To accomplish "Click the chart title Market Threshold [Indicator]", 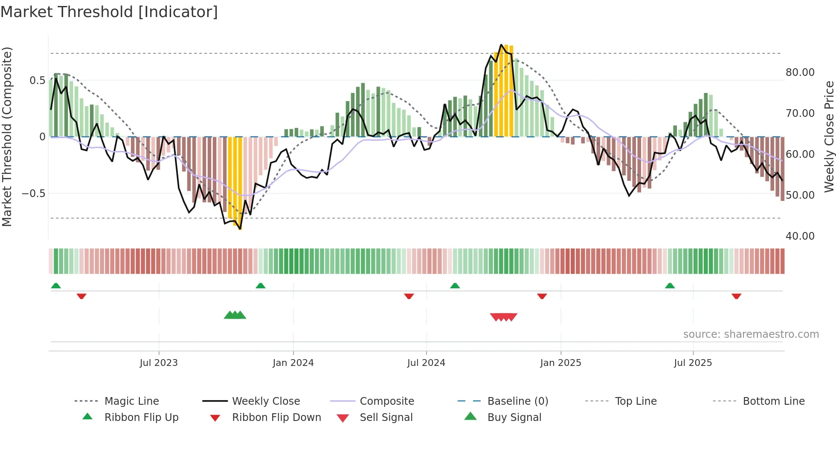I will coord(109,12).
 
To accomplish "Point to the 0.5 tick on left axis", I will coord(38,81).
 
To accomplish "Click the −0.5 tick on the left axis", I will coord(34,194).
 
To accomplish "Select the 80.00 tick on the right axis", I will coord(800,73).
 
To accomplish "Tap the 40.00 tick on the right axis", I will coord(800,236).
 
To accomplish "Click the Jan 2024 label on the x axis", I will coord(293,363).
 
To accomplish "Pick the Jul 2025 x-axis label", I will coord(693,363).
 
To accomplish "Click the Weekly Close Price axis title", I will coord(829,136).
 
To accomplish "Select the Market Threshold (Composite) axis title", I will coord(7,136).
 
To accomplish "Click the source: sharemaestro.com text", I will coord(751,334).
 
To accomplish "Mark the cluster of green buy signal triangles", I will coord(235,316).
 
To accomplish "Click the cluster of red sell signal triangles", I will coord(504,317).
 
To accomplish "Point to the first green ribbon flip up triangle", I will coord(56,286).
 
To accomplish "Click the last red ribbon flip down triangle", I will coord(736,296).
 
